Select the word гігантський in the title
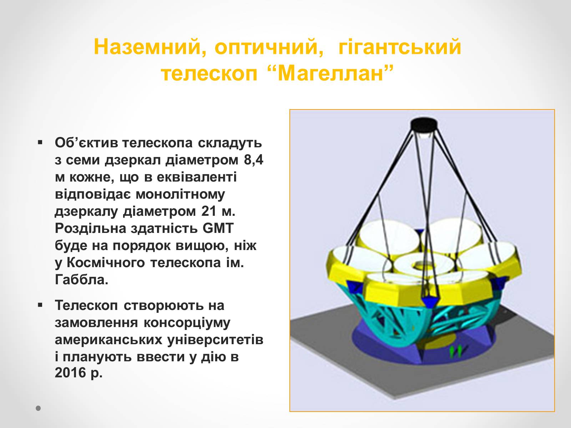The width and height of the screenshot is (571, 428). coord(400,47)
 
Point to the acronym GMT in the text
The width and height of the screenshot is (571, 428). coord(218,228)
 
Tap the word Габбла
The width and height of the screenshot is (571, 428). coord(81,280)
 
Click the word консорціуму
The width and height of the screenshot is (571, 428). coord(187,323)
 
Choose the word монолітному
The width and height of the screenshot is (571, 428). coord(180,194)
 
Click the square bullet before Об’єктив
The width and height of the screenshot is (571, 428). coord(40,142)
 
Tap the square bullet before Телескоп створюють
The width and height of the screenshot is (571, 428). coord(40,305)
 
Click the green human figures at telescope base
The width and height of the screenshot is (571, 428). coord(456,351)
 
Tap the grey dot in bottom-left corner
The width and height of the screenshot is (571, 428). coord(38,408)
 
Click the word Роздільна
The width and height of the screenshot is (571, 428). coord(90,228)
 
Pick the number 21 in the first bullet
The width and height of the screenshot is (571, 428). coord(209,211)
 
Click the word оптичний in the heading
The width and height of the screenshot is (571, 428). coord(269,47)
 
